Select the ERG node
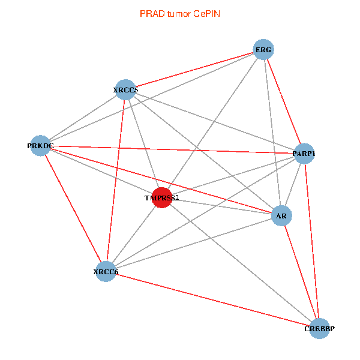click(263, 50)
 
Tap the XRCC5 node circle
click(125, 90)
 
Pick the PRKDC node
click(40, 145)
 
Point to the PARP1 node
click(304, 154)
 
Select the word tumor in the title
click(178, 13)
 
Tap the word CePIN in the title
click(206, 13)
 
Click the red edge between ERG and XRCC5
click(194, 70)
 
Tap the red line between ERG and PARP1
click(284, 102)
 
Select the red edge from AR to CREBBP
click(300, 271)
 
